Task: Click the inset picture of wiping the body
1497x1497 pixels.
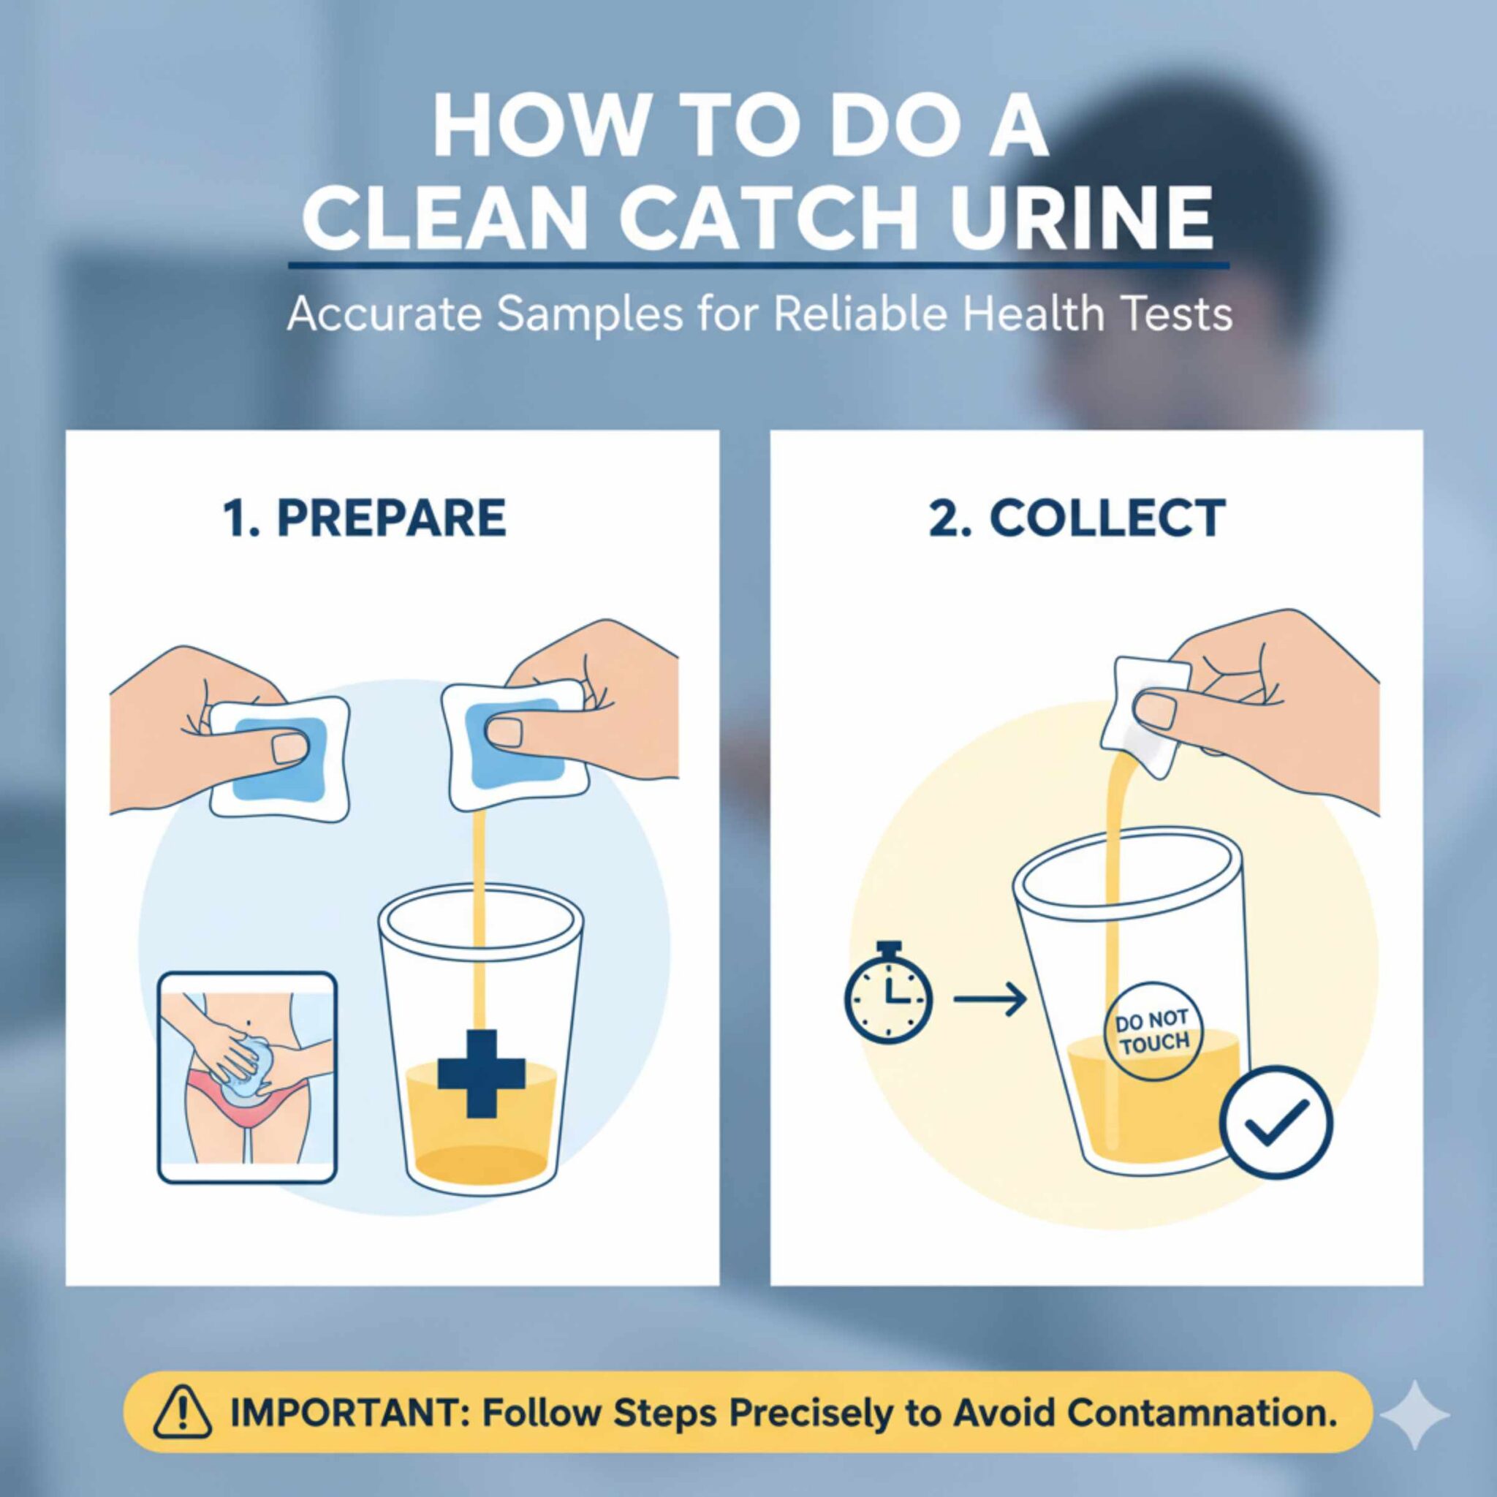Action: [x=248, y=1078]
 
